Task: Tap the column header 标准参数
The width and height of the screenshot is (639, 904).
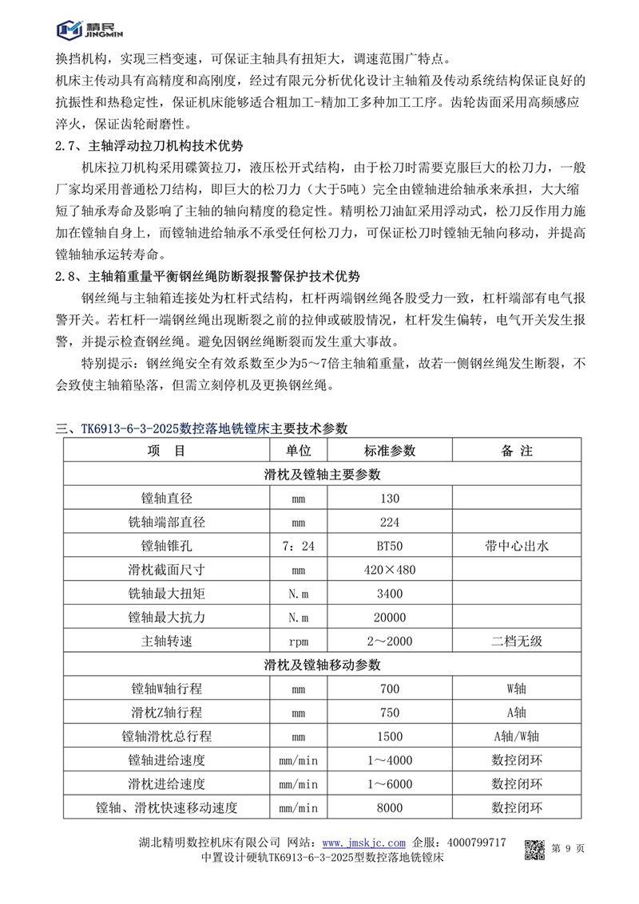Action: coord(390,451)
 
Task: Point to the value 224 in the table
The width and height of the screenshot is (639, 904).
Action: coord(390,523)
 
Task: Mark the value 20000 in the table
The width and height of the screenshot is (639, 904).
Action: coord(390,618)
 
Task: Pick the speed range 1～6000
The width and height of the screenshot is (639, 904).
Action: coord(390,784)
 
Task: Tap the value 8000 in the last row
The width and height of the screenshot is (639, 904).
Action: coord(390,807)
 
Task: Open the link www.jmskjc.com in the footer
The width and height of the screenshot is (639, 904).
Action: coord(365,843)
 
